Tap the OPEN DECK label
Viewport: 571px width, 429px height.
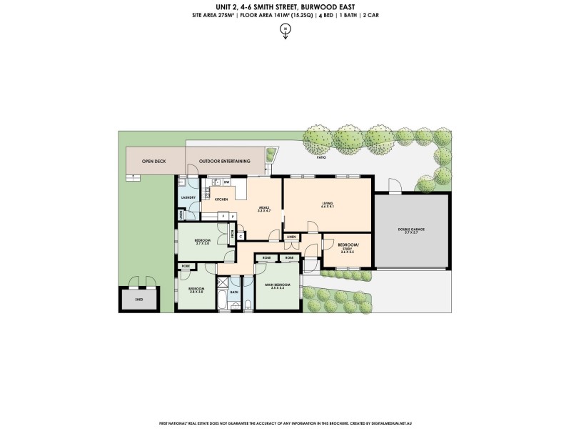click(x=153, y=162)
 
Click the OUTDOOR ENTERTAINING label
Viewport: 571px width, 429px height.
click(x=224, y=162)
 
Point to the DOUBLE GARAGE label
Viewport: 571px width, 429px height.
click(x=411, y=230)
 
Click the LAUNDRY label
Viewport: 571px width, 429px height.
click(x=188, y=197)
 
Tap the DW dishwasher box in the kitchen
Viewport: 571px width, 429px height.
click(x=226, y=183)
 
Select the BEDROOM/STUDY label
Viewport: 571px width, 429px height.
click(x=348, y=248)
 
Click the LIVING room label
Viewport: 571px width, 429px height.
click(x=328, y=205)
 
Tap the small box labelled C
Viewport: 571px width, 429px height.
click(x=240, y=235)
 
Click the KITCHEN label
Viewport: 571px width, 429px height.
click(x=221, y=199)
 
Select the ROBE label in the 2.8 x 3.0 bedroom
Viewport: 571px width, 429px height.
click(x=186, y=266)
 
